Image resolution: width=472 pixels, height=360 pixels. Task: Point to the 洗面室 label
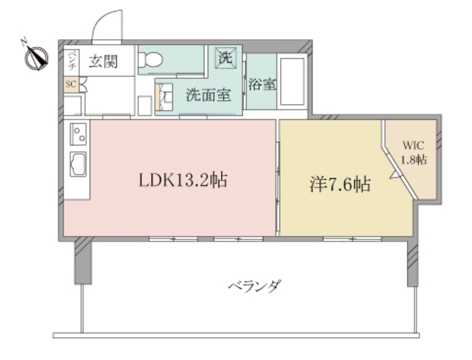tap(208, 94)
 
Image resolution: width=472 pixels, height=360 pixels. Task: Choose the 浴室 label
tap(263, 83)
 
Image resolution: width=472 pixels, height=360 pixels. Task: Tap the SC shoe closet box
tap(71, 84)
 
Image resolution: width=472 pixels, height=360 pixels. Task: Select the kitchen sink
tap(77, 163)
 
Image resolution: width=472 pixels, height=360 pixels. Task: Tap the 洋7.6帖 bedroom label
tap(339, 184)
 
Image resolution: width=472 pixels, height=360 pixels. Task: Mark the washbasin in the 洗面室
tap(167, 93)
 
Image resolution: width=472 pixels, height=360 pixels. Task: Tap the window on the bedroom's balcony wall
tap(347, 238)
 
